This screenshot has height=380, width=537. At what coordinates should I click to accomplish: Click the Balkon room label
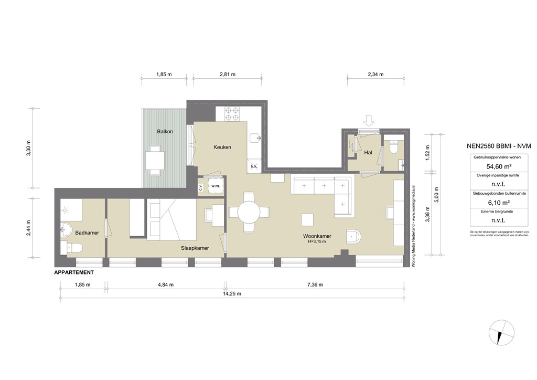click(x=165, y=131)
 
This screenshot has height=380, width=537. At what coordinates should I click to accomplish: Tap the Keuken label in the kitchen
click(x=222, y=147)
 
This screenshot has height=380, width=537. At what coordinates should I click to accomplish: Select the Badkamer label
click(x=84, y=232)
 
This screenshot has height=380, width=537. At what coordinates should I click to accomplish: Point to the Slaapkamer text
click(x=195, y=248)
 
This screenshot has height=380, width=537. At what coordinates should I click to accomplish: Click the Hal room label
click(x=368, y=153)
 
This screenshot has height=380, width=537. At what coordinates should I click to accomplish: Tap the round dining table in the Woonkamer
click(x=249, y=213)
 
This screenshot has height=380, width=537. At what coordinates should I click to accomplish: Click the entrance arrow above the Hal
click(x=369, y=121)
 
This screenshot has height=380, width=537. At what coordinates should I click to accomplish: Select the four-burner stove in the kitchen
click(x=232, y=114)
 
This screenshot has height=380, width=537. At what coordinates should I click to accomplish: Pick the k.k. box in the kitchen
click(x=254, y=167)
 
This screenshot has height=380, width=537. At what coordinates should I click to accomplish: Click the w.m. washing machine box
click(x=216, y=186)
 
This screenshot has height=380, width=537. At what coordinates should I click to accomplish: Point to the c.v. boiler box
click(x=201, y=186)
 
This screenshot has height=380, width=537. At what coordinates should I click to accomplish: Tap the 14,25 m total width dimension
click(x=231, y=294)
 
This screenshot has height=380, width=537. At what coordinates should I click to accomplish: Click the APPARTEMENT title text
click(x=74, y=273)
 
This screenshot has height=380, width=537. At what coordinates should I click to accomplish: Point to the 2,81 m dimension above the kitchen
click(x=227, y=75)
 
